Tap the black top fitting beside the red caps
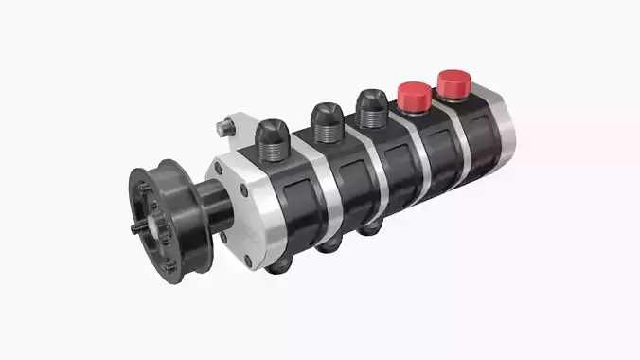point(371,105)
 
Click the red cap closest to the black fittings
point(412,95)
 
